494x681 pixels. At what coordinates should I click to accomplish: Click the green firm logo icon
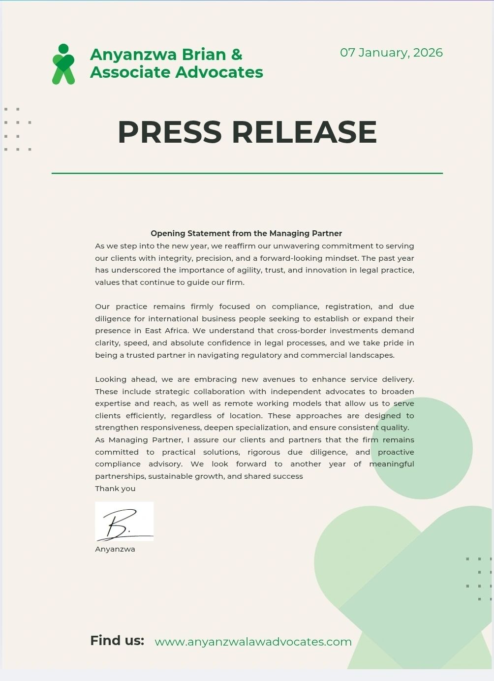pos(63,64)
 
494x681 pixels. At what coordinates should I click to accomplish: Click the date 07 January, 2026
pos(391,53)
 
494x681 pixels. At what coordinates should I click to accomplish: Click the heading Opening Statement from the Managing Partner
pos(246,233)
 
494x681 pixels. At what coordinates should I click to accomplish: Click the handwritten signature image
pos(124,522)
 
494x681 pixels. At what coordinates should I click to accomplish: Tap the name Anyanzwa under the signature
pos(115,549)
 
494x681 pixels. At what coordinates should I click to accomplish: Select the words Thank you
pos(115,489)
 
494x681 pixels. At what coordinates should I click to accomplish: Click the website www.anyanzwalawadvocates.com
pos(253,642)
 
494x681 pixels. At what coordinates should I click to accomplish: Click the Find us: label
pos(117,640)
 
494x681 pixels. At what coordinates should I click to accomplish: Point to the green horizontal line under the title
pos(247,173)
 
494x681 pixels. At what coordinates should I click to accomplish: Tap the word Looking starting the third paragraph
pos(111,379)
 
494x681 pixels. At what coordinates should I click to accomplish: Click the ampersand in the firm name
pos(237,54)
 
